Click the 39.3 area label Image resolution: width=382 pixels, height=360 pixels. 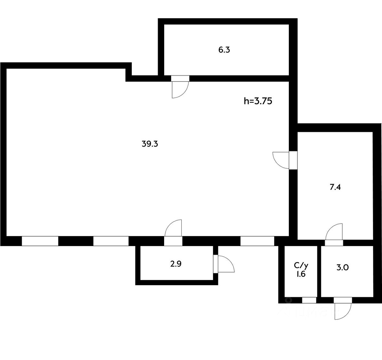150,144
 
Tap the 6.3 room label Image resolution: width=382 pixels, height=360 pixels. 224,50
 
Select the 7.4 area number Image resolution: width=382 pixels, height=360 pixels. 335,188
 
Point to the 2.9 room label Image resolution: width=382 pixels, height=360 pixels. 176,264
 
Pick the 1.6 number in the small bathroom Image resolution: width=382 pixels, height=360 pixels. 301,274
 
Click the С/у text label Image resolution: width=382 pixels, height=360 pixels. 301,265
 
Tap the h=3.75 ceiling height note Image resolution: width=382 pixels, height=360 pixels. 258,101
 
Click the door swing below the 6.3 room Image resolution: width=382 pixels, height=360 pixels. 179,90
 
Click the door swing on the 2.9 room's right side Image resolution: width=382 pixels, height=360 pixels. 226,264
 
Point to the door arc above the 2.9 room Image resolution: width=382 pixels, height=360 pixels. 173,228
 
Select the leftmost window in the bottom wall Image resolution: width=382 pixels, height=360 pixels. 40,241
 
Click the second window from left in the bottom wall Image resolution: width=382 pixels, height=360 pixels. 111,241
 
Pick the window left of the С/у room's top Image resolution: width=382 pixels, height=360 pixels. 257,241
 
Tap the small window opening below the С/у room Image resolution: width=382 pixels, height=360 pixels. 309,300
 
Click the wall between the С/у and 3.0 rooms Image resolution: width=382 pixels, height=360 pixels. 319,271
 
